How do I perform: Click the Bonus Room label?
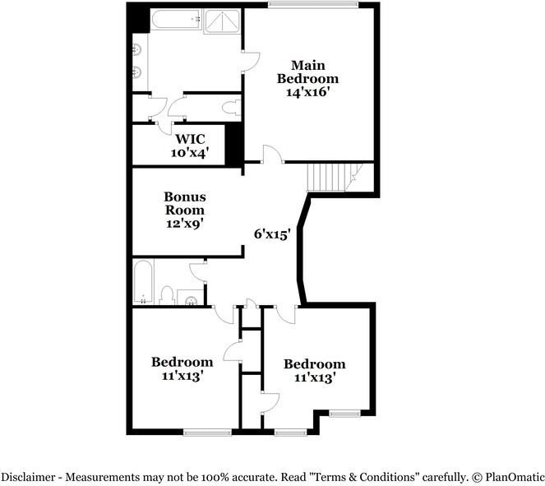185,203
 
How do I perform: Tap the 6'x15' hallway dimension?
272,234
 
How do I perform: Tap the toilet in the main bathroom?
231,106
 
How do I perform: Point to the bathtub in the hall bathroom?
142,281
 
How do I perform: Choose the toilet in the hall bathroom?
167,295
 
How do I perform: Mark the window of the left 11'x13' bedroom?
207,431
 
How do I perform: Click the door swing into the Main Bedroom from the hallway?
271,154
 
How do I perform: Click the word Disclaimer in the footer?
30,476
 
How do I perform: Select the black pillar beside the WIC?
234,142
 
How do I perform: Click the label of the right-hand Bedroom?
314,364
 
